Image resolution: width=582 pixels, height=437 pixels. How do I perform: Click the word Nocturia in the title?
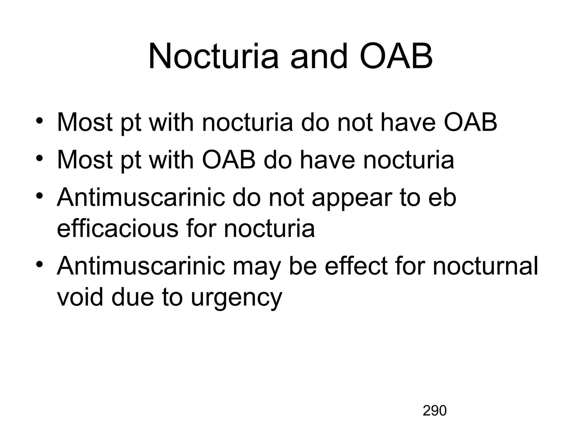[x=213, y=56]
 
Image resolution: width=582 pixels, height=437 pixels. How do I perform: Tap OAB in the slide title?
[x=396, y=56]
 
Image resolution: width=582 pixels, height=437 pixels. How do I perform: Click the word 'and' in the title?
[x=319, y=56]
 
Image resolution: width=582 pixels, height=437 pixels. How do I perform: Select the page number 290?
[x=435, y=411]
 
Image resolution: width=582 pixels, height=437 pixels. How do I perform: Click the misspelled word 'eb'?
[x=442, y=197]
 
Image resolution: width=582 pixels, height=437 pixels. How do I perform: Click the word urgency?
[x=236, y=298]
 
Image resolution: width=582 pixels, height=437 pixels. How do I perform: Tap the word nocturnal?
[x=485, y=266]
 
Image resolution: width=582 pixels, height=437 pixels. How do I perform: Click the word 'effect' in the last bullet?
[x=356, y=266]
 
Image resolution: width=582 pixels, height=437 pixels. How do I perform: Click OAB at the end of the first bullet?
[x=470, y=123]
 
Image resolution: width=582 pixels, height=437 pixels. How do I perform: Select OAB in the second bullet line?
[x=229, y=160]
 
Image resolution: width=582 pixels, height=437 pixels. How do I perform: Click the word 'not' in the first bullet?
[x=355, y=123]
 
